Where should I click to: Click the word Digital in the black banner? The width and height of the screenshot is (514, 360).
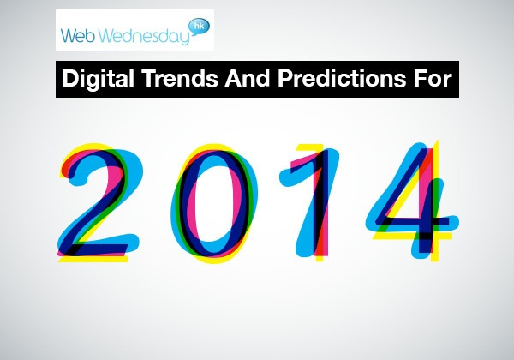(98, 79)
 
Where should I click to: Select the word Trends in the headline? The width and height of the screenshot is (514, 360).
(180, 78)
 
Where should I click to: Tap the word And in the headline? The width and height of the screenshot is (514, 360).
(248, 78)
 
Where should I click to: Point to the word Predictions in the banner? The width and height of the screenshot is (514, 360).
(342, 78)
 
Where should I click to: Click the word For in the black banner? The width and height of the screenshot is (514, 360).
(433, 78)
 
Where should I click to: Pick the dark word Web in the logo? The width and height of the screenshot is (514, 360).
(78, 35)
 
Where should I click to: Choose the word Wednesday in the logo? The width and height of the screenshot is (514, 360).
(144, 36)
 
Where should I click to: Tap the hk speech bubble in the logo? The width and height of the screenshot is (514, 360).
(199, 27)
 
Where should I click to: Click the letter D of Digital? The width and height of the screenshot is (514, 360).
(70, 78)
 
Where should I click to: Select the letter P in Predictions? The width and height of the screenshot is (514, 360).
(285, 78)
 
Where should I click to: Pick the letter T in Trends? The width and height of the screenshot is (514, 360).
(151, 78)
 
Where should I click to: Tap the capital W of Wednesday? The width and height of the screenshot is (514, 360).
(109, 36)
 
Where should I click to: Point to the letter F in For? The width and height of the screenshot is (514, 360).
(421, 78)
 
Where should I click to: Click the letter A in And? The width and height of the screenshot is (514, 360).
(233, 78)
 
